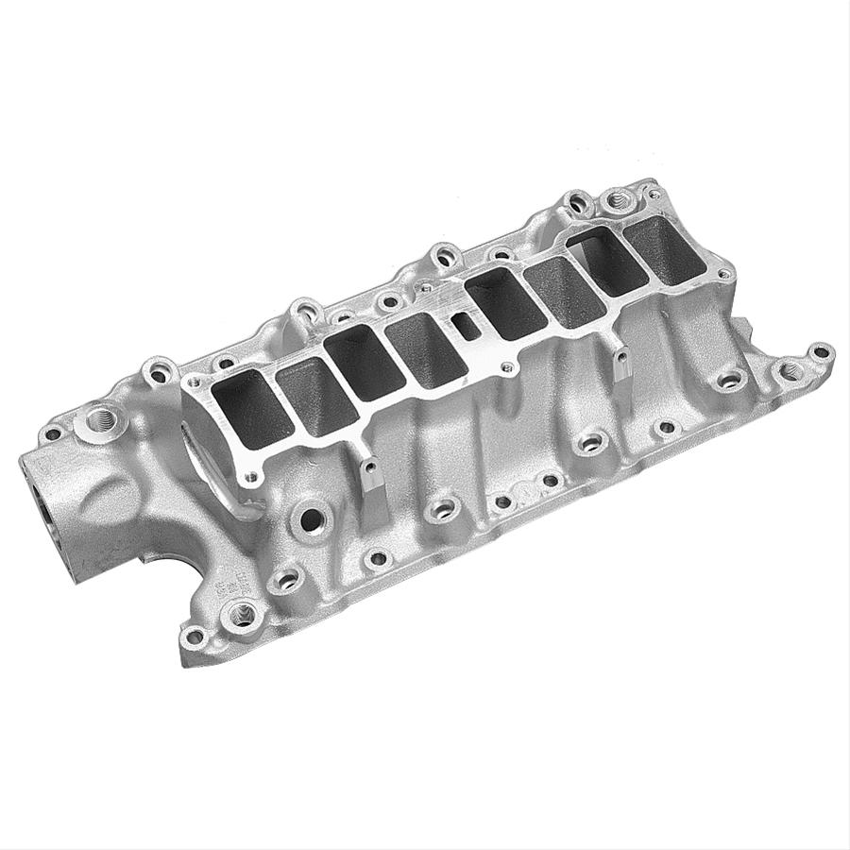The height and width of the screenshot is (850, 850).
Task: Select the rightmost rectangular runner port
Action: pyautogui.click(x=669, y=247)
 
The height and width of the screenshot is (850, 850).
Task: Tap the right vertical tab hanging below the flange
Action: pyautogui.click(x=622, y=365)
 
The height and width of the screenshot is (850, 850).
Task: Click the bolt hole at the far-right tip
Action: pyautogui.click(x=822, y=353)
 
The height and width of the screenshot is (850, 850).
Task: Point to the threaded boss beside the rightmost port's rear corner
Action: pyautogui.click(x=617, y=200)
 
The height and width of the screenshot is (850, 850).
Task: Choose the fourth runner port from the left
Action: pyautogui.click(x=425, y=348)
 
